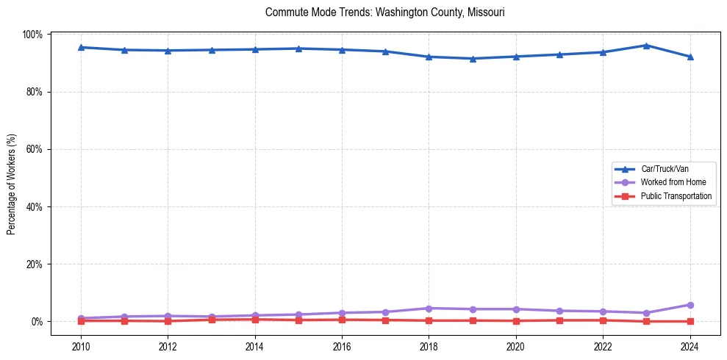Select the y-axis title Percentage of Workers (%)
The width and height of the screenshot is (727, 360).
pos(12,184)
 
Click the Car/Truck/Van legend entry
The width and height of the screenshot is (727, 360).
pos(665,169)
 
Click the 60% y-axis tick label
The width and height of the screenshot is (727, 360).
pos(34,149)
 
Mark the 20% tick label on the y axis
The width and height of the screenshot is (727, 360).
pos(34,264)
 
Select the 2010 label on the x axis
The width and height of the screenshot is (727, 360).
pos(81,346)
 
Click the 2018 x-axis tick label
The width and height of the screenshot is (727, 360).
pos(429,346)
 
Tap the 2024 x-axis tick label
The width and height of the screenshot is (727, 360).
pos(690,346)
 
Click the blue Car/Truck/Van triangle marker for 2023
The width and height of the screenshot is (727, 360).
pos(646,46)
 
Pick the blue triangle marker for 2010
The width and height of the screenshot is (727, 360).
pos(81,47)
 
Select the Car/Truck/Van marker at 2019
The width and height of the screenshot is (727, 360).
pos(472,59)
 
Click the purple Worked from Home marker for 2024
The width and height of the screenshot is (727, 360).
pos(690,305)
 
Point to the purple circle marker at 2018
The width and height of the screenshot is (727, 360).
pos(429,308)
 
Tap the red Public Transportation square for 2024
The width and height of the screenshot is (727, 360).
pos(690,321)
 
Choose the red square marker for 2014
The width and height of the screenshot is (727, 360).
pos(255,319)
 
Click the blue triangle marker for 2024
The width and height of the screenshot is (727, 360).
pos(690,57)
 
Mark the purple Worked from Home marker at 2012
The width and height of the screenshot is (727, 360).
pos(168,316)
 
